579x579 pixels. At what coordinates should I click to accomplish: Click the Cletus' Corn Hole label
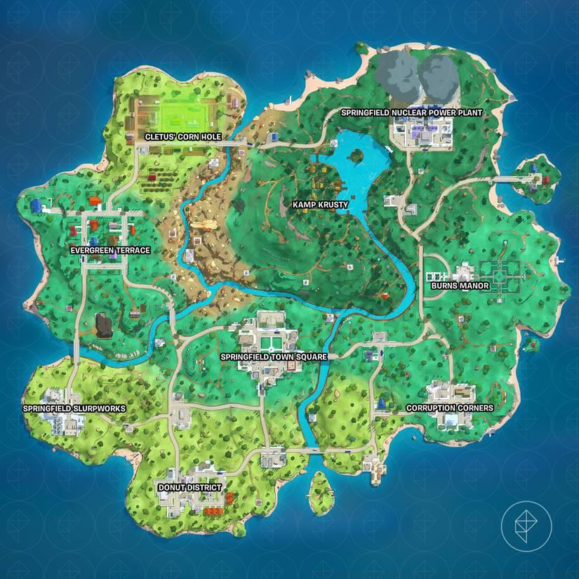pyautogui.click(x=182, y=137)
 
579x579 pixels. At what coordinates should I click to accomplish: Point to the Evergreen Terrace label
pyautogui.click(x=109, y=250)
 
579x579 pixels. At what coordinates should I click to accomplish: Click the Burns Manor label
pyautogui.click(x=460, y=286)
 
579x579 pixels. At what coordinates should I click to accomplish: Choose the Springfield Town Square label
pyautogui.click(x=273, y=357)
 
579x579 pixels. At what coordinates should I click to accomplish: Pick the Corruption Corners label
pyautogui.click(x=450, y=408)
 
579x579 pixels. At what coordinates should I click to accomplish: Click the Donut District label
pyautogui.click(x=189, y=487)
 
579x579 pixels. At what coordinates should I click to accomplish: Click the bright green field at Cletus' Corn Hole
pyautogui.click(x=184, y=113)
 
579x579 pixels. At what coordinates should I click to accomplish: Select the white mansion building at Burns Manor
pyautogui.click(x=464, y=273)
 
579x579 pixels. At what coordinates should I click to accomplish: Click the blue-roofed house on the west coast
pyautogui.click(x=36, y=205)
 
